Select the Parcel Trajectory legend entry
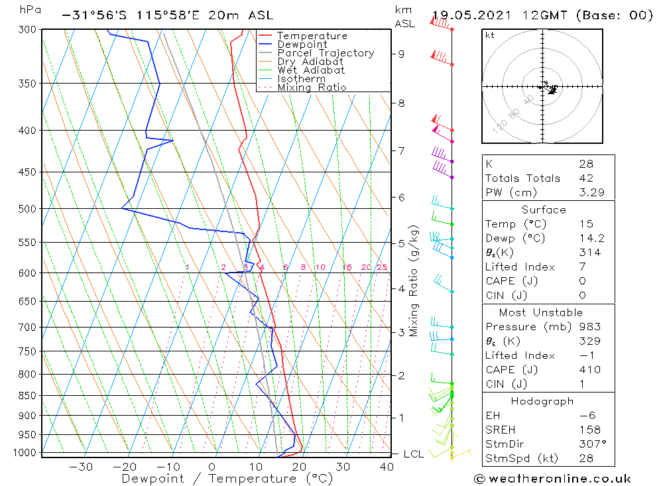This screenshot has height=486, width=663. (x=326, y=53)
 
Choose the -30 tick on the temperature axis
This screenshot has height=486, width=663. (x=81, y=467)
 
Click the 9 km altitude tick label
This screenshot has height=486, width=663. (x=402, y=54)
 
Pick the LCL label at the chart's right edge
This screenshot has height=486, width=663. (x=413, y=454)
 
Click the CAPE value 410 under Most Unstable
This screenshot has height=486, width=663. (x=589, y=370)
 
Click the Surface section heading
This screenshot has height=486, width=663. (x=544, y=210)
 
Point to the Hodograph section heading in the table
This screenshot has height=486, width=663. (x=542, y=401)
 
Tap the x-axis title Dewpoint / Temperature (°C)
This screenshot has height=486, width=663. (x=227, y=479)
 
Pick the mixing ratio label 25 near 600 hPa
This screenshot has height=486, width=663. (x=382, y=267)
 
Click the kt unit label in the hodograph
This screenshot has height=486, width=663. (x=490, y=35)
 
